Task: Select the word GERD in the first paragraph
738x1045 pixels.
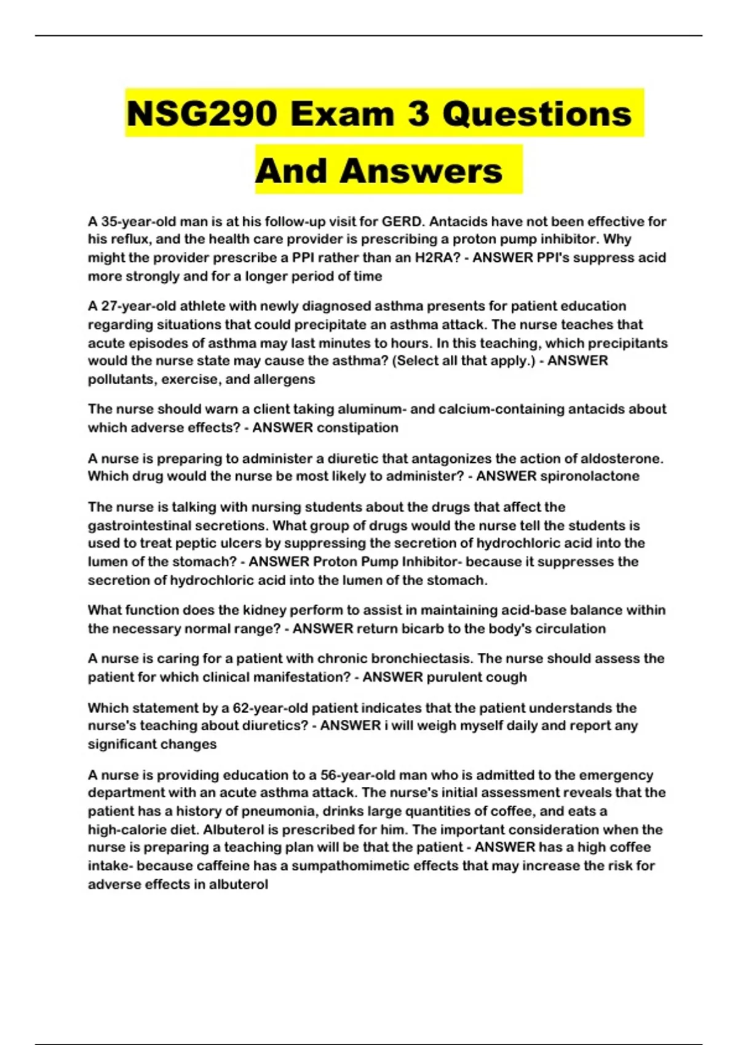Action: click(403, 221)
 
